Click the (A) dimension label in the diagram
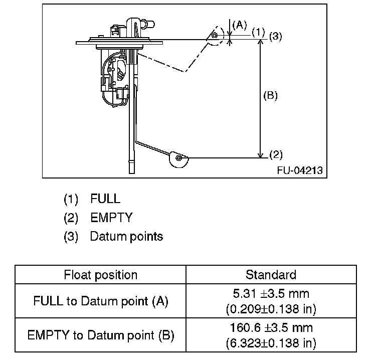pyautogui.click(x=241, y=25)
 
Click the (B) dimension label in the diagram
pyautogui.click(x=270, y=95)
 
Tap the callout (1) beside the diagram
pyautogui.click(x=258, y=32)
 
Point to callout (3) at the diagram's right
pyautogui.click(x=276, y=36)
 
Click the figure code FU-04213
pyautogui.click(x=300, y=170)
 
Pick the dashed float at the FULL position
pyautogui.click(x=215, y=36)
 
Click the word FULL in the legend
pyautogui.click(x=105, y=199)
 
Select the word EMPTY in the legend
pyautogui.click(x=111, y=218)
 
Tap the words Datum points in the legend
pyautogui.click(x=126, y=236)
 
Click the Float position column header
pyautogui.click(x=101, y=275)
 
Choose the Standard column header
pyautogui.click(x=271, y=275)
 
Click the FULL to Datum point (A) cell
pyautogui.click(x=101, y=301)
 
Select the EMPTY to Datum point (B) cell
pyautogui.click(x=101, y=335)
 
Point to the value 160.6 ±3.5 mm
pyautogui.click(x=271, y=328)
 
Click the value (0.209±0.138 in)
pyautogui.click(x=271, y=309)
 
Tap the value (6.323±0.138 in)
pyautogui.click(x=271, y=343)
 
